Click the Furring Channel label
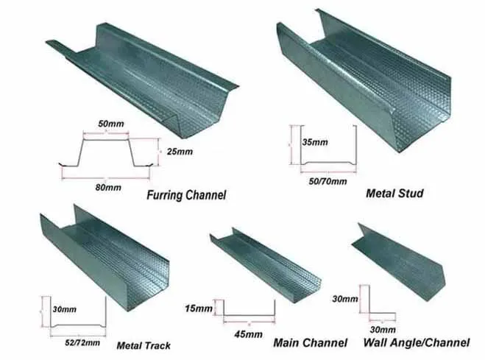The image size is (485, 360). click(x=186, y=195)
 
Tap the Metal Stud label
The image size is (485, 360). click(x=394, y=194)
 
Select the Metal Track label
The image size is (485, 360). click(x=144, y=345)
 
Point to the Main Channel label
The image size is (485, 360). click(x=311, y=342)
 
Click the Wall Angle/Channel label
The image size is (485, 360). click(x=417, y=342)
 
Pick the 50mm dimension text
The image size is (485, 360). click(x=111, y=124)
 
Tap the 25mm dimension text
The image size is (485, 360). click(x=180, y=152)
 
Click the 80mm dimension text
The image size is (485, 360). click(x=108, y=188)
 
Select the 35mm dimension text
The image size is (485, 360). click(x=315, y=142)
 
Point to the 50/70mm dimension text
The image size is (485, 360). click(x=328, y=181)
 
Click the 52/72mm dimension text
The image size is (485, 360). click(x=82, y=342)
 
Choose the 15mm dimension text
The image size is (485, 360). click(x=199, y=308)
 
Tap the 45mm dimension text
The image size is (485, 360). click(x=248, y=334)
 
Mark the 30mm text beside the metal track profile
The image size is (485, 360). click(x=64, y=309)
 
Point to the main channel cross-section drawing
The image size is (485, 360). click(x=249, y=316)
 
